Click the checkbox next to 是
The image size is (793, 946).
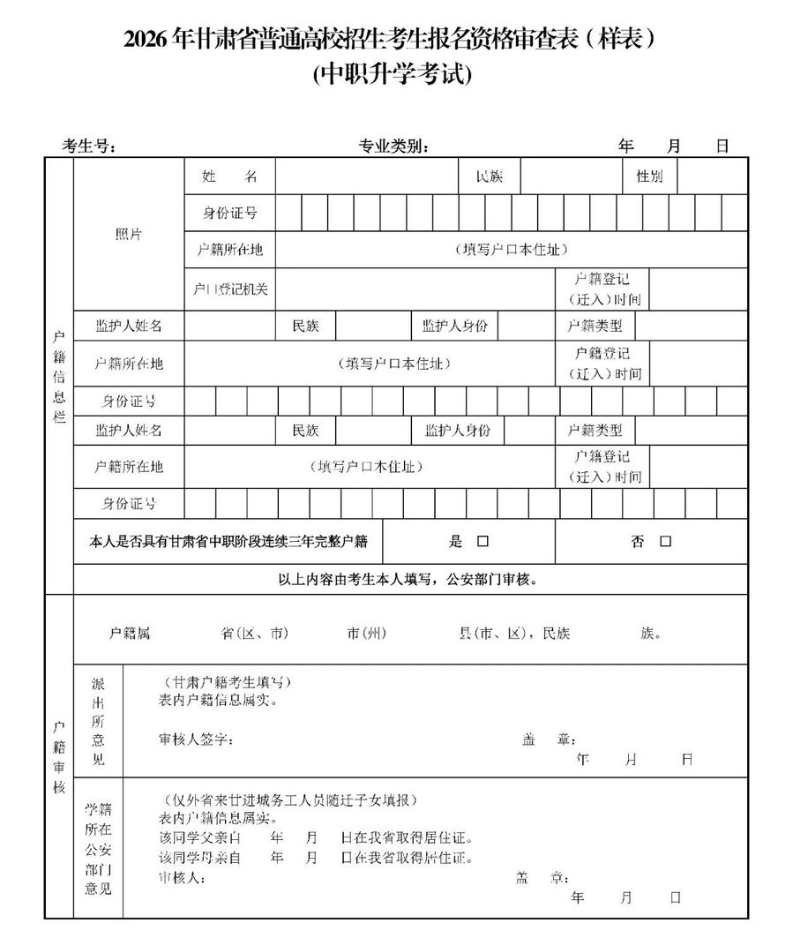click(483, 542)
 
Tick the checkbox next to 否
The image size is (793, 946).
click(665, 542)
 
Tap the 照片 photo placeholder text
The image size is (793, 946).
click(129, 234)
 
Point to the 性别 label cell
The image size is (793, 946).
click(649, 176)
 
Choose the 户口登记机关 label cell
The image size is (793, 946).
click(230, 289)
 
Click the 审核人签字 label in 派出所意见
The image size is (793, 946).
click(196, 739)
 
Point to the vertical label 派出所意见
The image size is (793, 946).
click(98, 722)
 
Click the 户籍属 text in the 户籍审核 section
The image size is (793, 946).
click(130, 634)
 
